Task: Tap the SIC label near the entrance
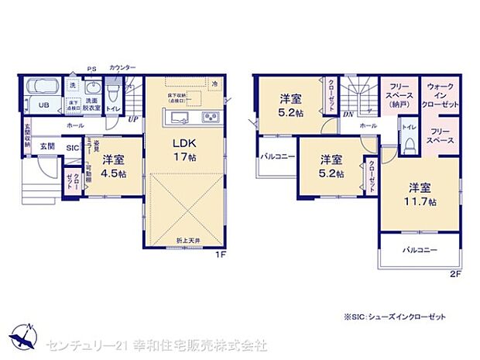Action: pos(72,146)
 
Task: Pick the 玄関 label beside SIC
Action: pos(48,146)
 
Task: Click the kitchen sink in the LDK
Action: pos(177,118)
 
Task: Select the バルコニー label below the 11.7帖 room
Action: pos(419,251)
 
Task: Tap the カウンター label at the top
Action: pos(122,68)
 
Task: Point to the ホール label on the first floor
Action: pos(75,125)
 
